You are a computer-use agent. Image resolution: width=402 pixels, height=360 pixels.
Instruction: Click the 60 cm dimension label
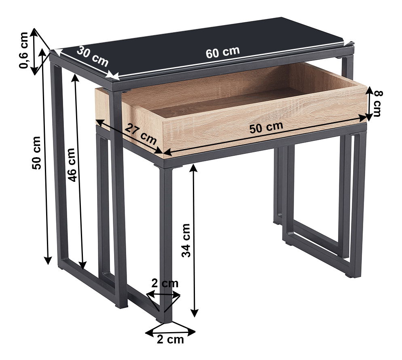tap(222, 52)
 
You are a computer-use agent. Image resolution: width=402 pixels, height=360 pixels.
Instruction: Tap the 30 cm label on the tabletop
tap(93, 56)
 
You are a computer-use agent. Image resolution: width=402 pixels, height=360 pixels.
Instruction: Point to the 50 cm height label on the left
tap(36, 153)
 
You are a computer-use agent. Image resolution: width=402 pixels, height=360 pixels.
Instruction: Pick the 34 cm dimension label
tap(186, 240)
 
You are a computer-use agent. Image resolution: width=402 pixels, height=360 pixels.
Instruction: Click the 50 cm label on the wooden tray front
tap(267, 127)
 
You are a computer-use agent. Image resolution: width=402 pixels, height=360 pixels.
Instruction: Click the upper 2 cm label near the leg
tap(165, 284)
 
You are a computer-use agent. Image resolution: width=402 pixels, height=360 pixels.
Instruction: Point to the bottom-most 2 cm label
tap(170, 339)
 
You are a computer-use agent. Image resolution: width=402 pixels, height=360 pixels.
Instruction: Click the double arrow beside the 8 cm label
tap(369, 103)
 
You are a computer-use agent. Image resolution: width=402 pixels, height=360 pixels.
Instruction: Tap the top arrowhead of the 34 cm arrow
tap(194, 168)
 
